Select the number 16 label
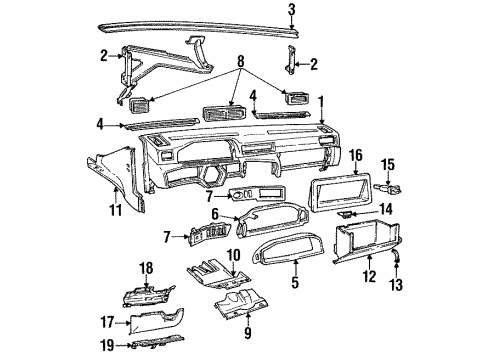pos(356,154)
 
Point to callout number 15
pos(417,164)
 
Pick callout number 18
pos(147,267)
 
